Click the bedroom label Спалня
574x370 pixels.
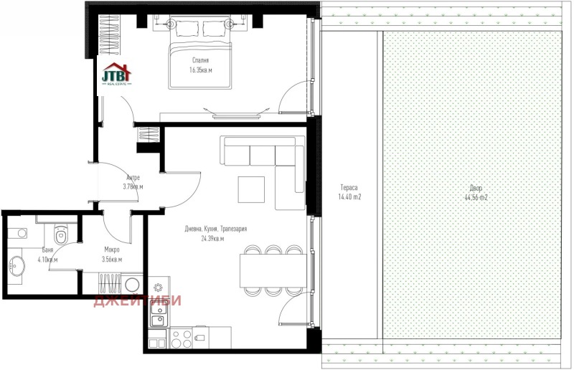pyautogui.click(x=200, y=60)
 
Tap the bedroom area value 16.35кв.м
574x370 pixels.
pyautogui.click(x=200, y=70)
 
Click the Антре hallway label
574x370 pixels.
pyautogui.click(x=133, y=177)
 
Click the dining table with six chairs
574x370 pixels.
pyautogui.click(x=273, y=271)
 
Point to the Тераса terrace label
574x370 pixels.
pyautogui.click(x=349, y=187)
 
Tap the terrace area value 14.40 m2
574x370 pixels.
pyautogui.click(x=349, y=197)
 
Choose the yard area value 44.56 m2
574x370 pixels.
pyautogui.click(x=476, y=197)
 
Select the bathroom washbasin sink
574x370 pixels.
pyautogui.click(x=17, y=266)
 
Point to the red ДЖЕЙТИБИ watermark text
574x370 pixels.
pyautogui.click(x=137, y=300)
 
